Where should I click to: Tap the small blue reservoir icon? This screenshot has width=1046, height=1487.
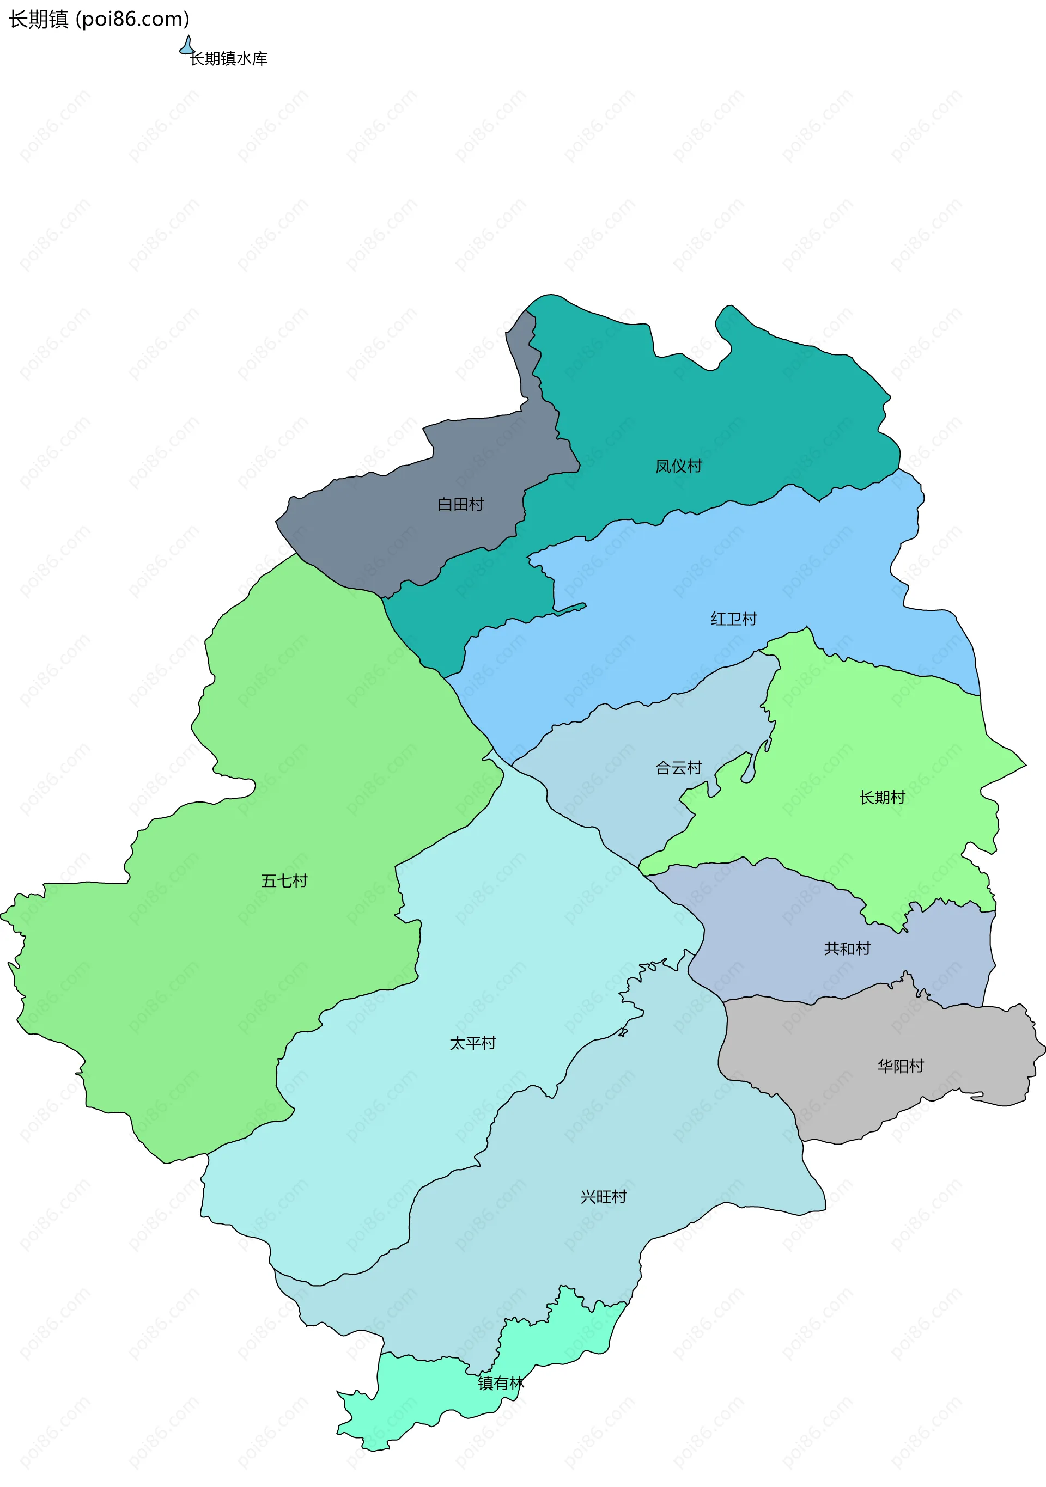click(187, 46)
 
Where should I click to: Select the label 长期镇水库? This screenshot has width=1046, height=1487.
click(228, 59)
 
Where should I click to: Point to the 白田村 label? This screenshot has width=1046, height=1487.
click(460, 505)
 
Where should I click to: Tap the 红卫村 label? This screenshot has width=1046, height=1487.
click(734, 619)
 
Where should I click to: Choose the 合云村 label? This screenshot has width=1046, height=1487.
click(679, 768)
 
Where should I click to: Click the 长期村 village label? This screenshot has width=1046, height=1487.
click(882, 798)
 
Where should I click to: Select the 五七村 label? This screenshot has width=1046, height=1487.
click(284, 881)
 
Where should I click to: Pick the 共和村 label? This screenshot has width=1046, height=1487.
click(847, 949)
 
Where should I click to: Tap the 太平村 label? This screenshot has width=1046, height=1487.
click(472, 1043)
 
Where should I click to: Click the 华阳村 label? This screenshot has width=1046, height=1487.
click(900, 1067)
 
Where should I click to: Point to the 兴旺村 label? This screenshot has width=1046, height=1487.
click(604, 1197)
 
